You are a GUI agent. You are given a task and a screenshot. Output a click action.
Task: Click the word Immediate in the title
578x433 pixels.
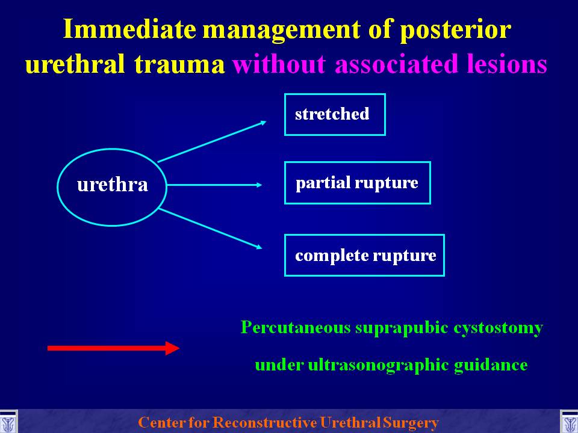tap(129, 29)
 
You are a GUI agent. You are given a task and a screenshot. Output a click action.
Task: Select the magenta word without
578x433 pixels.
tap(279, 64)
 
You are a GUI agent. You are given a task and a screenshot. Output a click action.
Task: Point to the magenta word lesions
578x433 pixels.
tap(507, 64)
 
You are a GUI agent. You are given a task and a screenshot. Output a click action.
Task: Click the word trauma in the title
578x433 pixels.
tap(179, 64)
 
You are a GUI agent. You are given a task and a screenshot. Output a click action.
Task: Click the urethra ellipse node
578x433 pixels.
tap(112, 149)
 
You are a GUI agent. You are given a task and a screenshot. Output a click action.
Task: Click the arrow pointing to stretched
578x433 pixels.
tap(212, 141)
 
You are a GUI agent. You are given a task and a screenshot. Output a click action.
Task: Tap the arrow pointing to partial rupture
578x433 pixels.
tap(214, 185)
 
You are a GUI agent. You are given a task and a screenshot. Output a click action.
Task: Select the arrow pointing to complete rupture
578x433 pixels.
tap(211, 229)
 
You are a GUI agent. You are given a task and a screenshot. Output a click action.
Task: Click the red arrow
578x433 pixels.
tap(114, 348)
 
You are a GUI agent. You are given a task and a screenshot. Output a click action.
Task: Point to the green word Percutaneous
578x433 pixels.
tap(296, 327)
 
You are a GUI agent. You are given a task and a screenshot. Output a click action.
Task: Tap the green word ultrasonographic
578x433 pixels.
tap(378, 366)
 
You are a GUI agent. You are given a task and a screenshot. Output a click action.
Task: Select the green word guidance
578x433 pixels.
tap(491, 366)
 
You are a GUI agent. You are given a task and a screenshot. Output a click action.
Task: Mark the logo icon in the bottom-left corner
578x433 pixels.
tap(8, 422)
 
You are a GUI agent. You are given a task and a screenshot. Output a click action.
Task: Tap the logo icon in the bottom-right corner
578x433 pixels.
tap(570, 422)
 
